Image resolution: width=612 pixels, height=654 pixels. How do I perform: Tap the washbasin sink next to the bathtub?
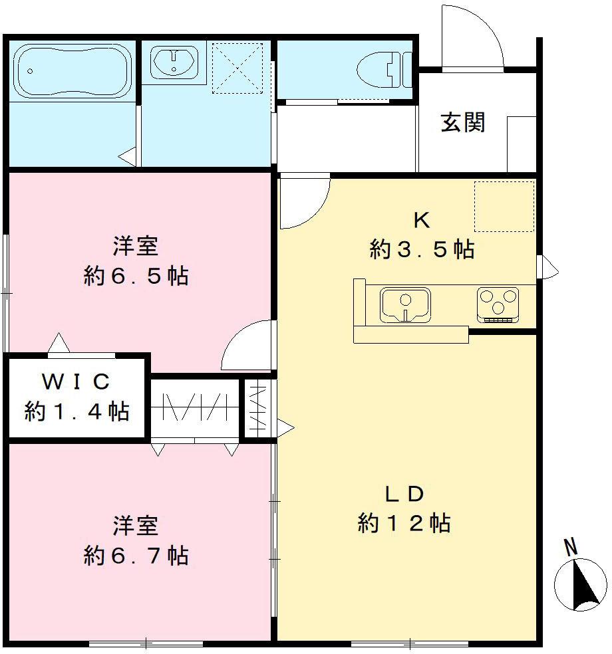tap(174, 64)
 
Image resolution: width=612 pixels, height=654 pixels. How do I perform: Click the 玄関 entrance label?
tap(463, 122)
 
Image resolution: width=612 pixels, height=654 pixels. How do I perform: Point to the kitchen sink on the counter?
tap(404, 304)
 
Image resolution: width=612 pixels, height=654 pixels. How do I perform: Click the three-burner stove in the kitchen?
tap(498, 304)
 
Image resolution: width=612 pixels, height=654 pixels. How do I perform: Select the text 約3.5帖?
tap(422, 249)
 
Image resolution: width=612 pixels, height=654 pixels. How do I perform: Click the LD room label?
tap(404, 494)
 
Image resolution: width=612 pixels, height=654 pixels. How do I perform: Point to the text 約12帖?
tap(404, 523)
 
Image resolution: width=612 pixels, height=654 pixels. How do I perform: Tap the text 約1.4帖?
tap(76, 411)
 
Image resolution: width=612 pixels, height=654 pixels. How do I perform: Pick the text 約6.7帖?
tap(136, 554)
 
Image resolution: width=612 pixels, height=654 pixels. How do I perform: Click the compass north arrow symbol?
tap(581, 586)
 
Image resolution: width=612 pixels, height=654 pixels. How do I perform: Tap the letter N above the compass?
tap(570, 548)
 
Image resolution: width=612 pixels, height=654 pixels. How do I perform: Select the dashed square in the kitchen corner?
tap(504, 206)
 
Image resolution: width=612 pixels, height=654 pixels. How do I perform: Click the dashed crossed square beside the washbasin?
tap(237, 67)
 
